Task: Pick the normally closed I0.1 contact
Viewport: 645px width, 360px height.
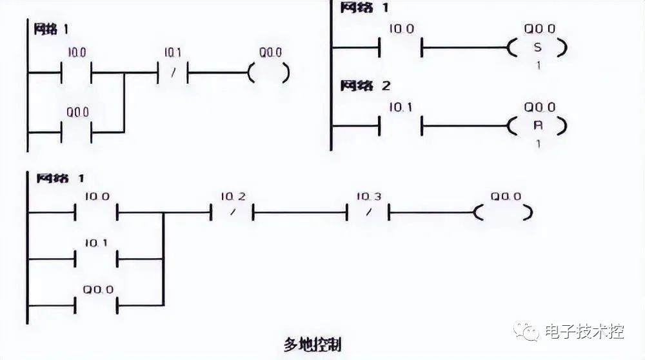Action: point(172,73)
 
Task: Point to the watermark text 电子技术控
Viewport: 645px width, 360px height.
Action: point(584,333)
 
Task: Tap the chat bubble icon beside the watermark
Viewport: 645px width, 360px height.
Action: point(528,333)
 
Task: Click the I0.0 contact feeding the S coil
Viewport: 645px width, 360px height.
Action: point(400,48)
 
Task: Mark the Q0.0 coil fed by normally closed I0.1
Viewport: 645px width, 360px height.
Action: point(268,73)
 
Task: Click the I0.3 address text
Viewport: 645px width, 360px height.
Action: point(368,195)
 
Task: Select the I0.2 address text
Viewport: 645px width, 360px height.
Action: point(232,195)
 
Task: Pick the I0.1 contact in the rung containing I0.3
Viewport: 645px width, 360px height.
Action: point(97,259)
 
